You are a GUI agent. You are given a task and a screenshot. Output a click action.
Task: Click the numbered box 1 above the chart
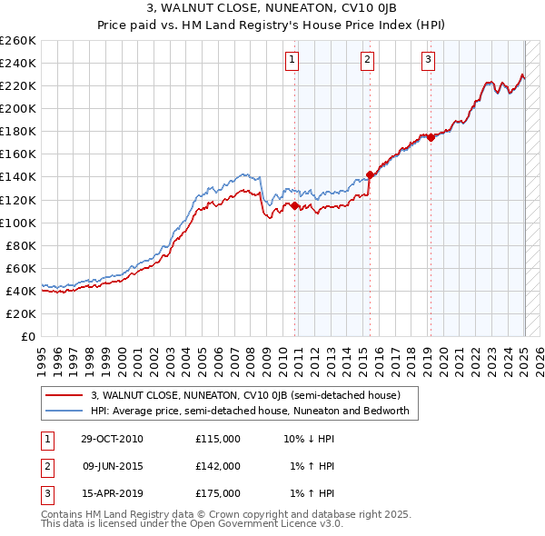click(292, 61)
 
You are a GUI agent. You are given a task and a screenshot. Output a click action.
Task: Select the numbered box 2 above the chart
click(367, 61)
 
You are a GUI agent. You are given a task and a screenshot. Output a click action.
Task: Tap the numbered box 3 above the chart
click(428, 61)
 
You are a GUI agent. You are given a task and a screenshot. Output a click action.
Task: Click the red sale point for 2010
click(295, 205)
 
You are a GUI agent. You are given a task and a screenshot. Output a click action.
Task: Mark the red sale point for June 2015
click(370, 174)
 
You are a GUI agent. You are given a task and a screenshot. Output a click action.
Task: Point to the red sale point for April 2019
click(431, 137)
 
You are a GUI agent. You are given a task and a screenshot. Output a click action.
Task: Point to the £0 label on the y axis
click(28, 336)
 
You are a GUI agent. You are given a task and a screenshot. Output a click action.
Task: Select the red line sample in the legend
click(64, 396)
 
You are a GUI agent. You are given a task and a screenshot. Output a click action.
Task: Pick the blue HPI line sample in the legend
click(64, 411)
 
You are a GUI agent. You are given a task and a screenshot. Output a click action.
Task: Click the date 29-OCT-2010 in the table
click(113, 439)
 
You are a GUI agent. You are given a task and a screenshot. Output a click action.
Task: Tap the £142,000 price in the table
click(218, 466)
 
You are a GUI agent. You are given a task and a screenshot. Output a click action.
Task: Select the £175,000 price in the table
click(218, 493)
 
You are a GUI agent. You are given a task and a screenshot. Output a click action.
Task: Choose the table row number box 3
click(45, 493)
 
